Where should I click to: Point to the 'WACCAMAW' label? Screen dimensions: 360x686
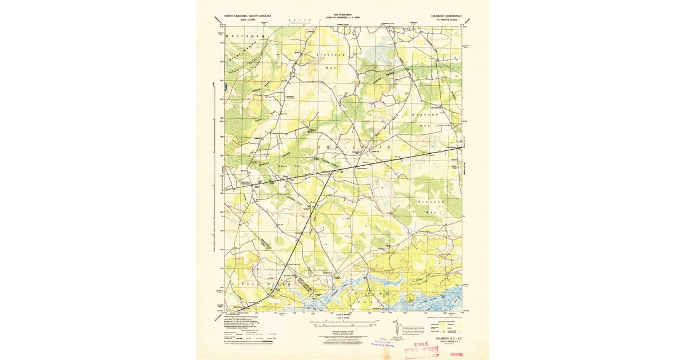pos(246,36)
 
